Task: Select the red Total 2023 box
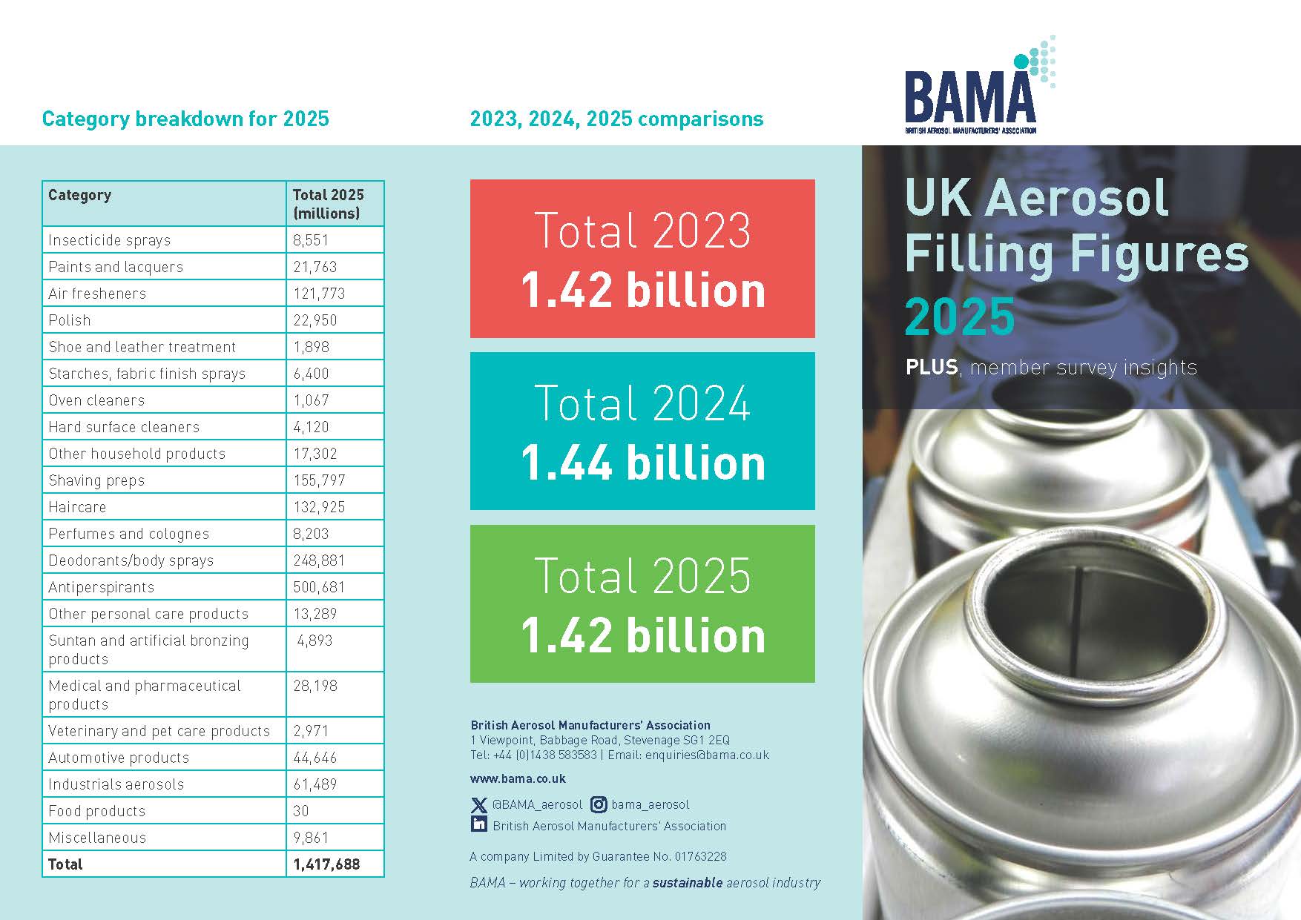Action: [x=642, y=259]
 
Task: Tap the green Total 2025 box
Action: [x=642, y=603]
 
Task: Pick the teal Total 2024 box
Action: [x=642, y=431]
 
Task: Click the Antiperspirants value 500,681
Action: [x=319, y=587]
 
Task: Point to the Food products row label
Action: [x=97, y=811]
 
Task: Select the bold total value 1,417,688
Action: [x=326, y=864]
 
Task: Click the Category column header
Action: [x=80, y=195]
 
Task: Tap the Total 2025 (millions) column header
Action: [x=328, y=204]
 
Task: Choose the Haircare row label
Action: [x=77, y=507]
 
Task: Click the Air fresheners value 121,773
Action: [x=319, y=294]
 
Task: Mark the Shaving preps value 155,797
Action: [x=319, y=480]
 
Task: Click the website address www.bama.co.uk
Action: [x=518, y=778]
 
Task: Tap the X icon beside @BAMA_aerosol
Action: [x=479, y=804]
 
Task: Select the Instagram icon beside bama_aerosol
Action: [x=599, y=804]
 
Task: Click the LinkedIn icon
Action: [x=479, y=824]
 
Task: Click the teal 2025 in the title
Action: [x=959, y=317]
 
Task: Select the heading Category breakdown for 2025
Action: [x=185, y=119]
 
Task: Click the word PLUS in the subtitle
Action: [x=931, y=367]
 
